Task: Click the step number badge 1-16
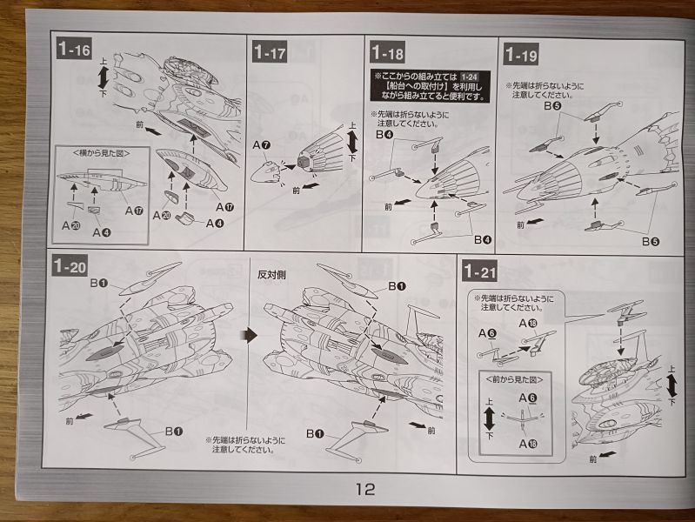(x=74, y=49)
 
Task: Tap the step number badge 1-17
(x=271, y=52)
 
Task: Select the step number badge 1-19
(x=520, y=56)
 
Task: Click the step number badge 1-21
(x=480, y=271)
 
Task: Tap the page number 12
(x=364, y=489)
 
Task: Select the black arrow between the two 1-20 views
(x=247, y=335)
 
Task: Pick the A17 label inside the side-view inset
(x=132, y=211)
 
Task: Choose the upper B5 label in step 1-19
(x=551, y=106)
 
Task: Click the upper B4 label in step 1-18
(x=383, y=135)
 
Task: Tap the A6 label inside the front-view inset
(x=527, y=398)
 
